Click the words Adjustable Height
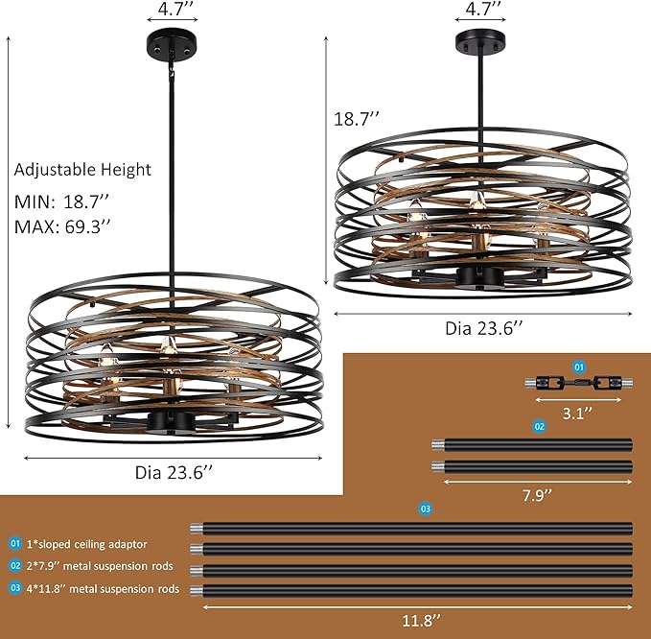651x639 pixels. point(82,170)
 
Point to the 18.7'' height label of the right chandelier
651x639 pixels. point(357,119)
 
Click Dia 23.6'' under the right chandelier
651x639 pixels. point(484,327)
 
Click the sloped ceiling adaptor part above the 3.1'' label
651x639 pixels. point(577,382)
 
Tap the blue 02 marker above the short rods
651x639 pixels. point(539,425)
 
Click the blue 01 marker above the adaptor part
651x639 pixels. point(578,367)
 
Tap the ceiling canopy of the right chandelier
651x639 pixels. point(483,43)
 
